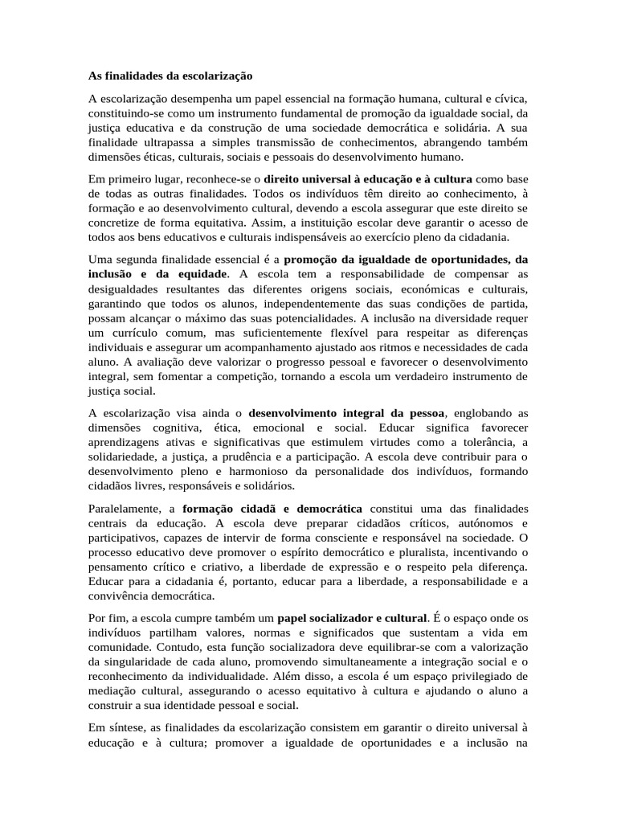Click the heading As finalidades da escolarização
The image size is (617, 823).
point(170,76)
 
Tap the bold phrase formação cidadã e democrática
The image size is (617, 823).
point(272,509)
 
